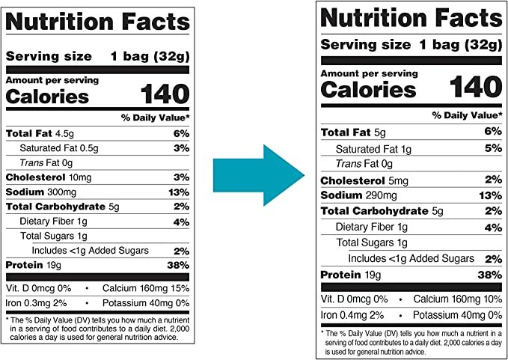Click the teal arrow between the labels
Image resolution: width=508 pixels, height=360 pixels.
257,178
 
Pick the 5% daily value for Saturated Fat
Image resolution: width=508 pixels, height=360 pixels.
492,148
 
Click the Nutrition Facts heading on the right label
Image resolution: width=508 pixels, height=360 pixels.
410,18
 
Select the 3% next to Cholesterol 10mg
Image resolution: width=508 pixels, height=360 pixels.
181,177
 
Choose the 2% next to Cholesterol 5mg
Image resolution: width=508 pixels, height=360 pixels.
492,180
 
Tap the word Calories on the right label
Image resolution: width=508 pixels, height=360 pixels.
368,90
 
